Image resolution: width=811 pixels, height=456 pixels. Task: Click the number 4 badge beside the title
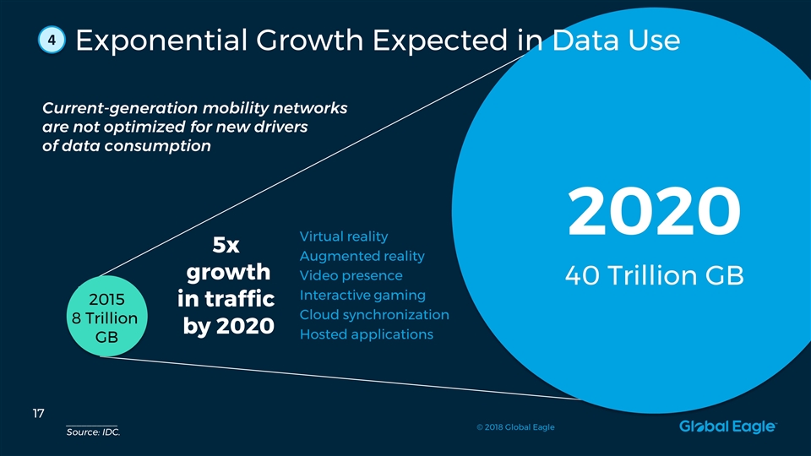[x=52, y=41]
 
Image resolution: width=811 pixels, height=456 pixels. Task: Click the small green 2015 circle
[x=106, y=319]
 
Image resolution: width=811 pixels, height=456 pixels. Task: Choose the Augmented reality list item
[x=362, y=256]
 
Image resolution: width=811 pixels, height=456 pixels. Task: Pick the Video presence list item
[x=351, y=275]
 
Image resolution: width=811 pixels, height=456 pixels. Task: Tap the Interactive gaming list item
[x=362, y=295]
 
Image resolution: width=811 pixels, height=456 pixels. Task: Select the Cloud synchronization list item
[x=374, y=315]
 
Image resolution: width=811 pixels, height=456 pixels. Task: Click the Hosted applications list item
[x=366, y=334]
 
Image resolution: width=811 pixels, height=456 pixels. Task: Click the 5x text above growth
[x=226, y=246]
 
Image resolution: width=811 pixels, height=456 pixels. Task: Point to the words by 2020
[x=228, y=326]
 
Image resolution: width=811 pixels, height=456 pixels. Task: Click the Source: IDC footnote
[x=93, y=433]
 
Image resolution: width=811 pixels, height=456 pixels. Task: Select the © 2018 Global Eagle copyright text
[x=514, y=427]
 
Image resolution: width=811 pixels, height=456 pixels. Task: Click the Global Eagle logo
[x=727, y=427]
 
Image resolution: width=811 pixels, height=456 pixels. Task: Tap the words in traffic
[x=226, y=300]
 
